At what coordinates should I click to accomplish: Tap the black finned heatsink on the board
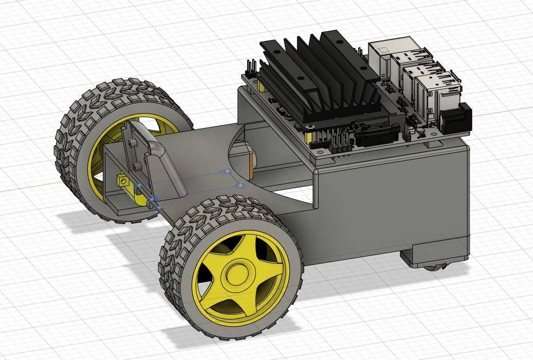[319, 77]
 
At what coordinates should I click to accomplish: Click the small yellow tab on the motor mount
[123, 181]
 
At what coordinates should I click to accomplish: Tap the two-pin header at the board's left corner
[251, 67]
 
